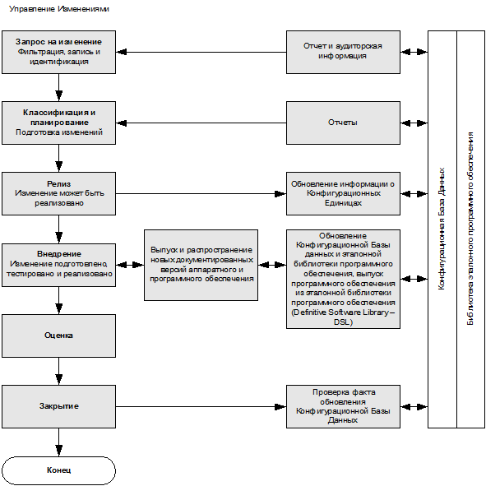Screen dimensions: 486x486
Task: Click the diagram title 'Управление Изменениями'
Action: [x=59, y=9]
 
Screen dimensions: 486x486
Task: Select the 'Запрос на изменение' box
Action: [x=59, y=52]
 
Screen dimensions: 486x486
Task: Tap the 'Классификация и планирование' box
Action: [x=59, y=123]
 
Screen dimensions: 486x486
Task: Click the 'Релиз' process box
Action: [x=59, y=194]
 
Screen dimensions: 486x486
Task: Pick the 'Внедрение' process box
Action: [x=59, y=265]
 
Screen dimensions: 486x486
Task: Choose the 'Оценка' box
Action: [x=59, y=336]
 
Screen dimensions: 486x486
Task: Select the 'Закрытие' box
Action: [x=59, y=407]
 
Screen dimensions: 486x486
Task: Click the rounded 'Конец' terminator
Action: [x=59, y=470]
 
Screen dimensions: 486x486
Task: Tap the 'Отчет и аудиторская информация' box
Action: [x=343, y=52]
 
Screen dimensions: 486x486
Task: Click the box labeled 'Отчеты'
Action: [x=343, y=123]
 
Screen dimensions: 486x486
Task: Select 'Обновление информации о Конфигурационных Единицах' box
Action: [x=343, y=194]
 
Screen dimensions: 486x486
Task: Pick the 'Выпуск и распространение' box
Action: [x=201, y=265]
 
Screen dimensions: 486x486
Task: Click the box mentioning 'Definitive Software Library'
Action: [x=343, y=279]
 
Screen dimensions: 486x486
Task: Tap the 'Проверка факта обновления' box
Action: [x=343, y=407]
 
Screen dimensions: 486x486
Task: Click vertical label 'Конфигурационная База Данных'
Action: [x=442, y=229]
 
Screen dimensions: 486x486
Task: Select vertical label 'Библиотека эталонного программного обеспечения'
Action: [x=470, y=229]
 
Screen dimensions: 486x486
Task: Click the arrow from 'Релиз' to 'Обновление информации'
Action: [x=201, y=194]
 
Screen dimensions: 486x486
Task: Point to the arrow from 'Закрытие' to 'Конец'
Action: [x=59, y=442]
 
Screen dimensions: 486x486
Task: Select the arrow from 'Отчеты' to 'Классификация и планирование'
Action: [x=201, y=123]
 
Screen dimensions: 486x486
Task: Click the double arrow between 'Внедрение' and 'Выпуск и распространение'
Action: [x=130, y=265]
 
